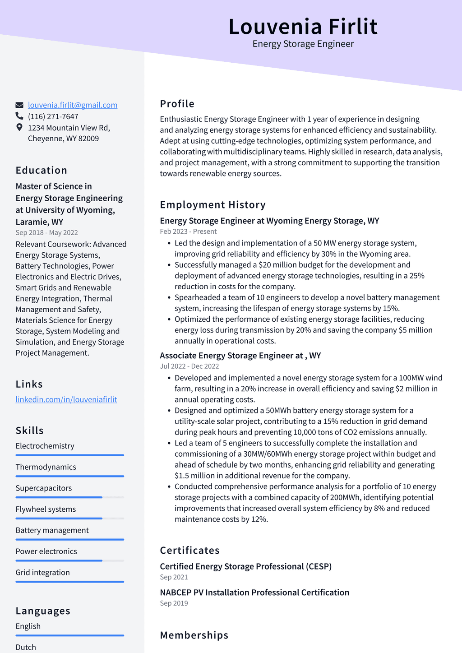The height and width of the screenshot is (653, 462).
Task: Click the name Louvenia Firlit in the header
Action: coord(303,26)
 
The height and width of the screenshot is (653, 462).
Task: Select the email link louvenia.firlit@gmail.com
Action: coord(73,105)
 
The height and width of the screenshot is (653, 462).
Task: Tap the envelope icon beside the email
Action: coord(19,105)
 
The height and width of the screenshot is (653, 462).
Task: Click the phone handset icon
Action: coord(19,116)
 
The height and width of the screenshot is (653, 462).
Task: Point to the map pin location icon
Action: coord(19,127)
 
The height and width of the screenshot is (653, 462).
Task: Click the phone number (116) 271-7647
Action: coord(53,116)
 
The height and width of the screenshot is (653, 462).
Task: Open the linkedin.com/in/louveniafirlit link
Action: coord(66,399)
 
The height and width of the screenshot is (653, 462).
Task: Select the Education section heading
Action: coord(42,170)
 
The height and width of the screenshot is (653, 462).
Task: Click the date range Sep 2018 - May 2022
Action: coord(47,232)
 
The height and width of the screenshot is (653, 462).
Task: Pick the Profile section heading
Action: coord(177,104)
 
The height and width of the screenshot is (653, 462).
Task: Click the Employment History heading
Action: coord(213,205)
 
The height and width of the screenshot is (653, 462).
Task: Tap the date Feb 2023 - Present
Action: coord(188,232)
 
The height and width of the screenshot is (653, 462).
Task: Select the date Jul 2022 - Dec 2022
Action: coord(189,366)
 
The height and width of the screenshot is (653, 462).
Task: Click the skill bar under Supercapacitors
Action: coord(69,497)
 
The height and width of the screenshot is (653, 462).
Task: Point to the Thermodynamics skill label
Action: coord(46,467)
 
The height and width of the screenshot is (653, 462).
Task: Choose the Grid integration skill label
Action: coord(43,573)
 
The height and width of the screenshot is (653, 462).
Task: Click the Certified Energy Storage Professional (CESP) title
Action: coord(246,566)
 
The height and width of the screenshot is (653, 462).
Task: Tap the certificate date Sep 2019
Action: coord(174,603)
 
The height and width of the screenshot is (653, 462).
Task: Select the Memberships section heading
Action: coord(194,635)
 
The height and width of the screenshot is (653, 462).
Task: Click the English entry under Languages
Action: coord(28,626)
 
